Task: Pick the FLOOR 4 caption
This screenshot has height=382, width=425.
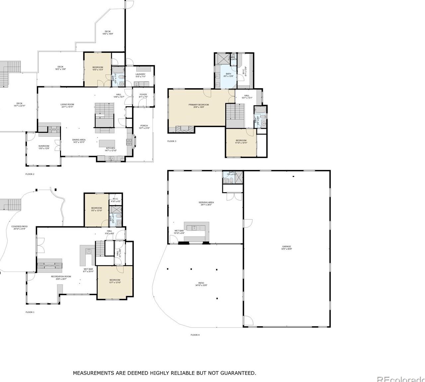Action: point(195,335)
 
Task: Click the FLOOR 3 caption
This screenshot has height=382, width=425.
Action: point(172,141)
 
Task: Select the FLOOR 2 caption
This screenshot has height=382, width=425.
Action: point(30,174)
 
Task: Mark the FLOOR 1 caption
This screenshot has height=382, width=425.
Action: point(30,312)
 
